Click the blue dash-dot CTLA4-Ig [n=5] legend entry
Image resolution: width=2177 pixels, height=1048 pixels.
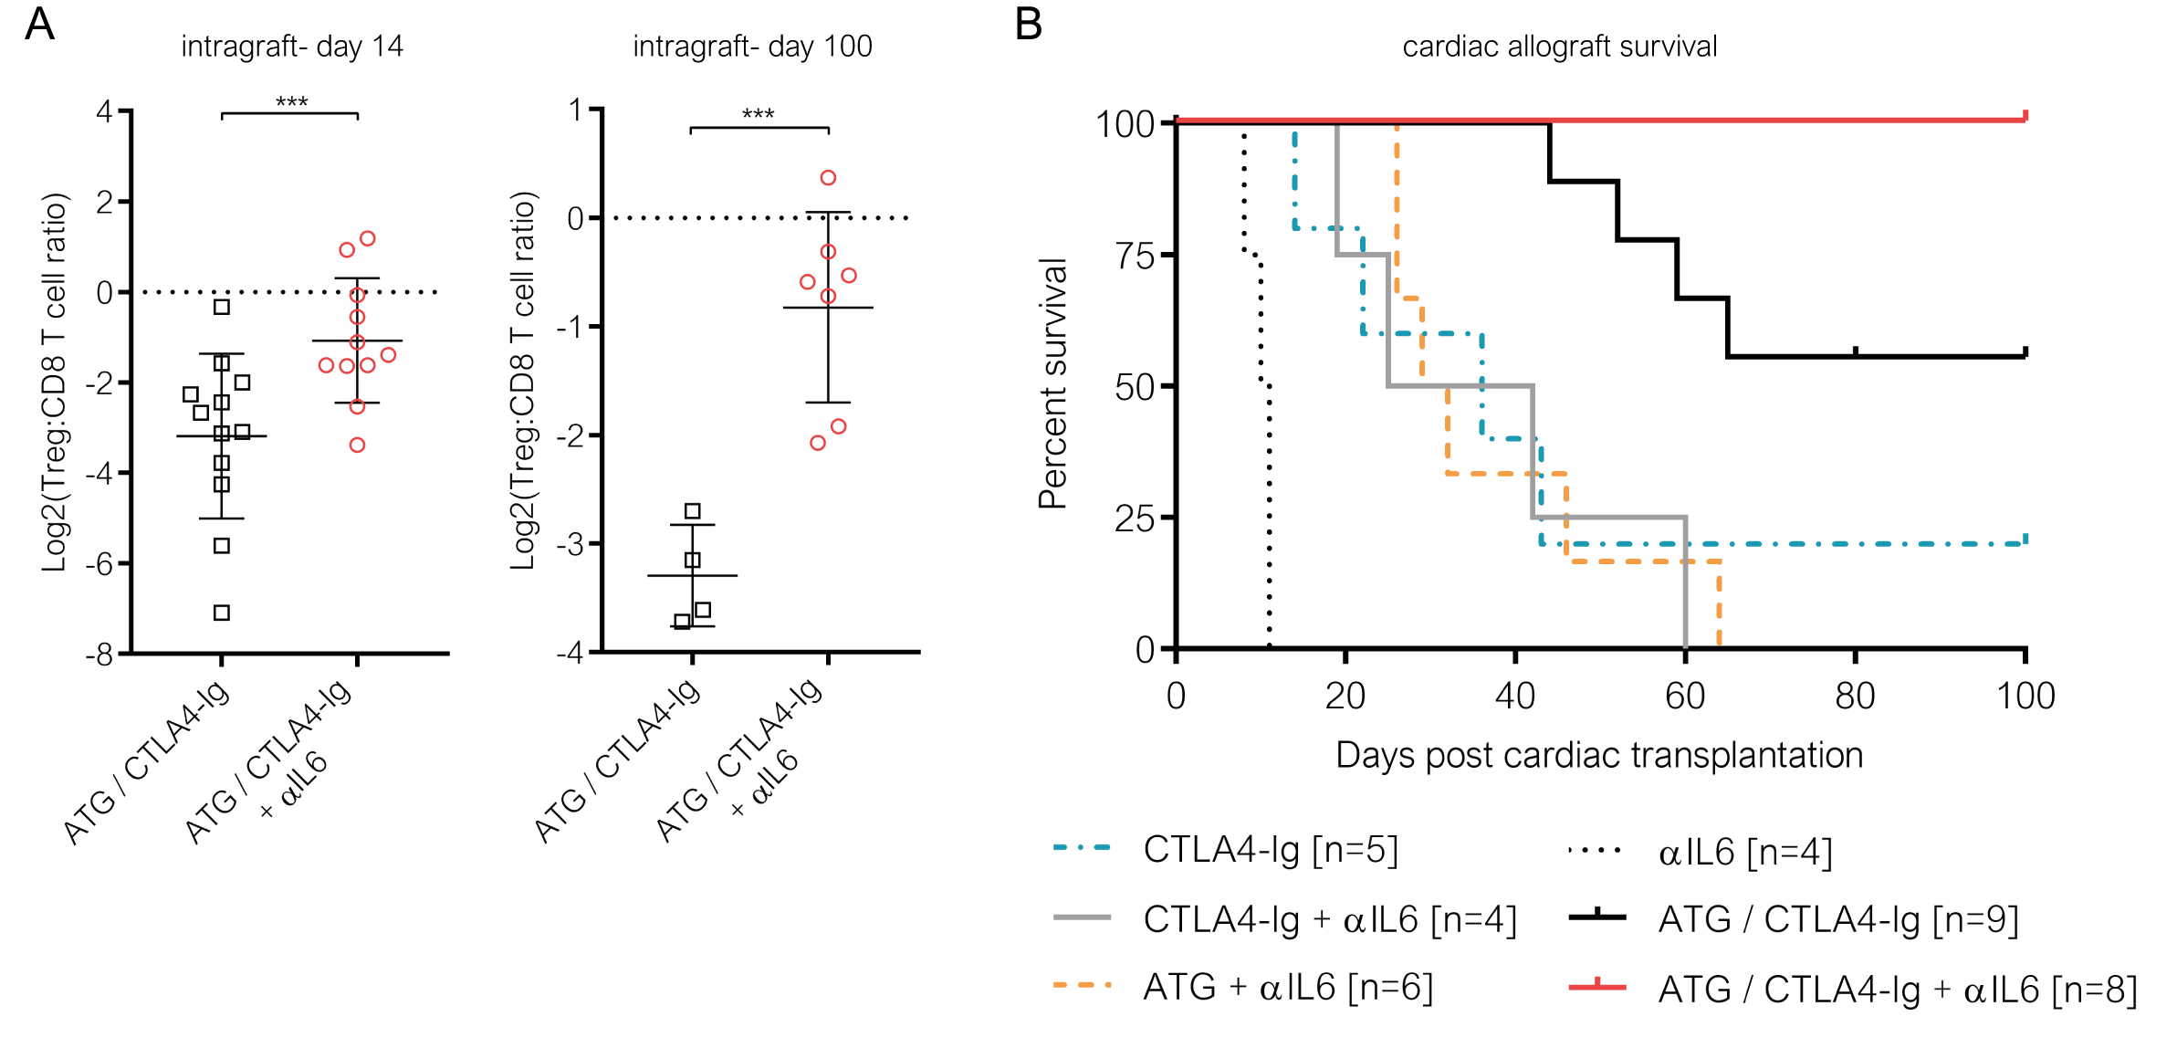click(x=1270, y=851)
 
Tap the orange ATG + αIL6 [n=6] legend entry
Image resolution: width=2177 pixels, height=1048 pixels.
click(x=1287, y=987)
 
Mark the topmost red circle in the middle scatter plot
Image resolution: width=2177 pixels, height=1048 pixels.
click(x=828, y=178)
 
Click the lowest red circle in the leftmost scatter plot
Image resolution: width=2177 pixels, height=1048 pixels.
click(x=358, y=445)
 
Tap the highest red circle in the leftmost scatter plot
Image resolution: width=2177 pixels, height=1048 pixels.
click(x=368, y=239)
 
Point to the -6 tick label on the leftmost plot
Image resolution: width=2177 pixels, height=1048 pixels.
click(x=104, y=564)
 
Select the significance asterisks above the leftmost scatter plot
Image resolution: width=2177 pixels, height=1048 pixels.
click(x=290, y=102)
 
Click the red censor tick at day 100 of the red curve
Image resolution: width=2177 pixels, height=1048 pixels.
click(x=2025, y=116)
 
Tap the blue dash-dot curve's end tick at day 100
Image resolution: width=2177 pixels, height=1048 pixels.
click(x=2025, y=540)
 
